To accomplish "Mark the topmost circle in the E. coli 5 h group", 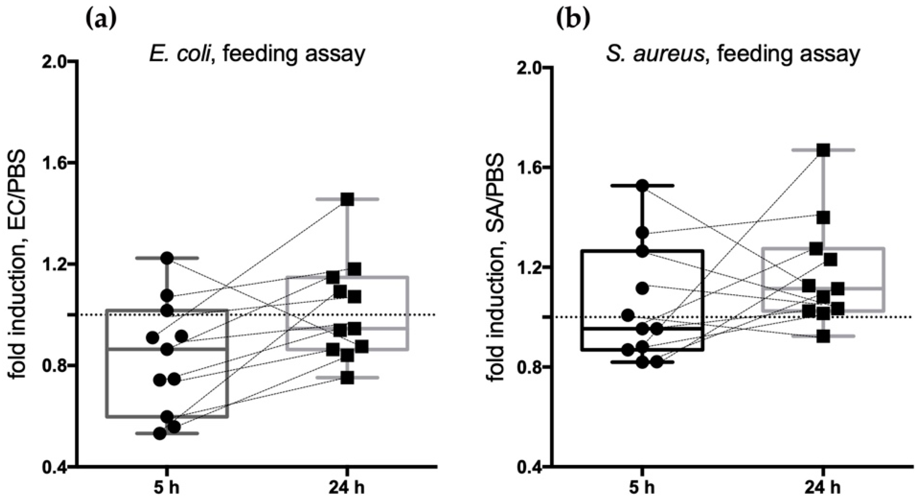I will click(167, 258).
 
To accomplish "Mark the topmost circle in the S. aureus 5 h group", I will click(642, 186).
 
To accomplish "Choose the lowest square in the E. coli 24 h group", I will click(348, 378).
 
